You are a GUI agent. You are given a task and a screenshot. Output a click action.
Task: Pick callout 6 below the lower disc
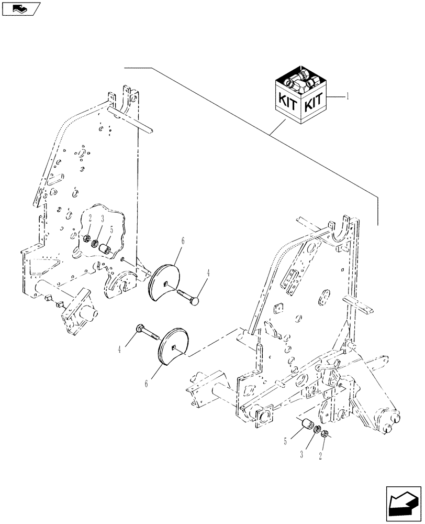(x=146, y=384)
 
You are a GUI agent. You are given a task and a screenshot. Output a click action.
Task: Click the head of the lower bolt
(x=138, y=329)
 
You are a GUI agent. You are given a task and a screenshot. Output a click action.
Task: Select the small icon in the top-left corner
(x=20, y=8)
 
